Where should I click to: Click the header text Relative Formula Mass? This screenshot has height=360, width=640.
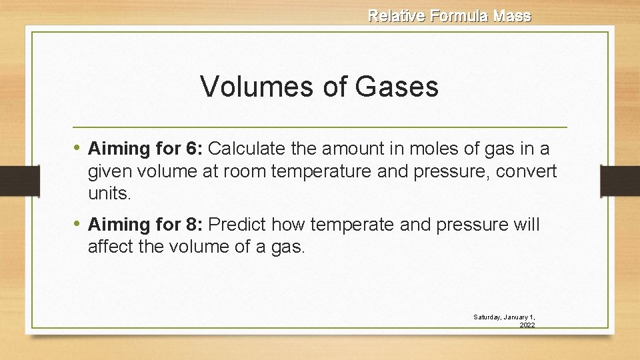[x=449, y=15]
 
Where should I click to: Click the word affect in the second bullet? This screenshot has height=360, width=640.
[x=108, y=248]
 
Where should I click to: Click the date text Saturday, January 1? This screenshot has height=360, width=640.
[x=505, y=317]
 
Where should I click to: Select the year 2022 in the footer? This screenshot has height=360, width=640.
[x=527, y=325]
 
